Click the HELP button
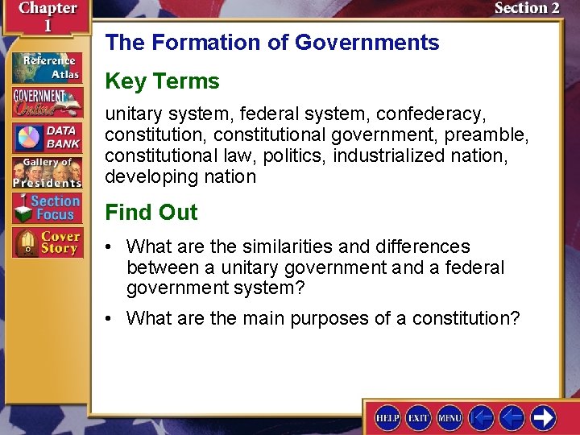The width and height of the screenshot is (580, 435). pos(387,417)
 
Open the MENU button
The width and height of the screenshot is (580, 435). pos(449,417)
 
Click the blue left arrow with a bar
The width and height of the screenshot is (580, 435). pos(481,417)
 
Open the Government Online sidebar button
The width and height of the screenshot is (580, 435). pos(47,101)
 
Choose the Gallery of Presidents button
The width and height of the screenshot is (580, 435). pos(47,172)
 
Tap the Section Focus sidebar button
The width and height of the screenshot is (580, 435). pos(47,208)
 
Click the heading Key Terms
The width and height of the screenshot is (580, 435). pos(162,81)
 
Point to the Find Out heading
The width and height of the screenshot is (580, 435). pos(151,213)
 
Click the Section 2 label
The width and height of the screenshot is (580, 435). pos(527,8)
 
